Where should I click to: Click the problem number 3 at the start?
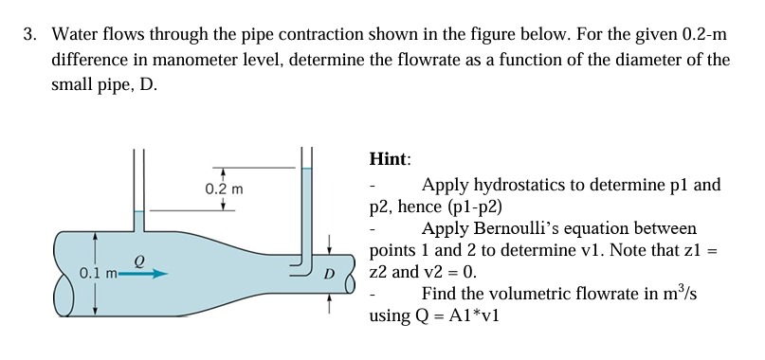point(28,35)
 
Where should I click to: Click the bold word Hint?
point(390,160)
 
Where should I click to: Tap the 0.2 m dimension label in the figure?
point(223,189)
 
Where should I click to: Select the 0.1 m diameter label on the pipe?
point(97,274)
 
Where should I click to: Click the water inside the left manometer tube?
point(138,224)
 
